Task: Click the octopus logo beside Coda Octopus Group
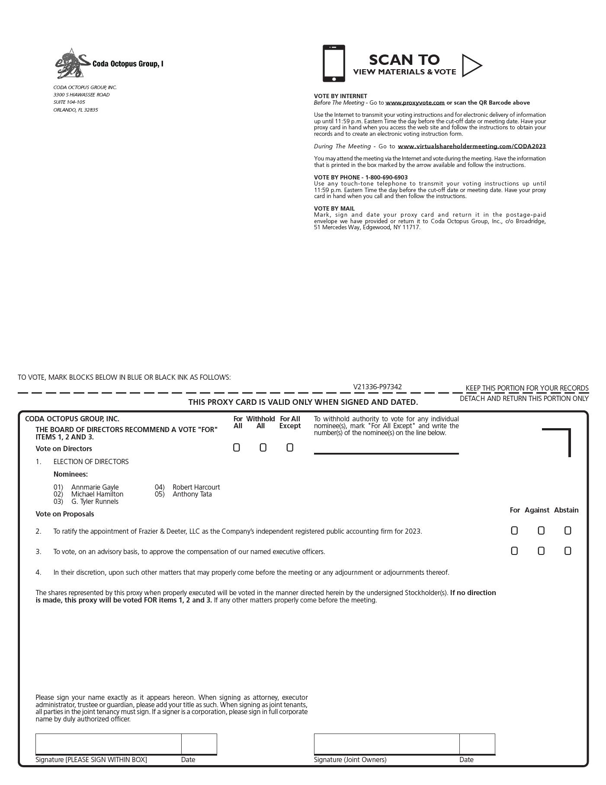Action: (x=71, y=64)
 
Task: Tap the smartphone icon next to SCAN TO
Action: (x=333, y=63)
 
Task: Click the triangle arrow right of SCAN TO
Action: (x=471, y=65)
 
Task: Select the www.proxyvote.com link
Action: (x=415, y=103)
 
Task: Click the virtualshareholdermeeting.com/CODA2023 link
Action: (x=471, y=147)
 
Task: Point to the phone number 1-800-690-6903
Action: (x=386, y=177)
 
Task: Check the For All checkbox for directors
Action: (x=236, y=448)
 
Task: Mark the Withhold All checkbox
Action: (x=263, y=448)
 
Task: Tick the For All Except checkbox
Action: (x=290, y=448)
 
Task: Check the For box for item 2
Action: (x=514, y=531)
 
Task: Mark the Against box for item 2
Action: (x=541, y=531)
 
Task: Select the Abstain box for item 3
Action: (x=568, y=551)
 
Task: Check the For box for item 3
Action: (x=514, y=551)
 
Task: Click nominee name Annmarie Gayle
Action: (x=95, y=487)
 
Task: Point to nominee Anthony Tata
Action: (x=192, y=494)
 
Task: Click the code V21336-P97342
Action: (x=377, y=387)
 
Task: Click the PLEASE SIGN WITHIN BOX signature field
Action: (x=108, y=744)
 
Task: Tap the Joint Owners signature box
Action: (x=386, y=744)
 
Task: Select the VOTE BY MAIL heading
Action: (x=334, y=208)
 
